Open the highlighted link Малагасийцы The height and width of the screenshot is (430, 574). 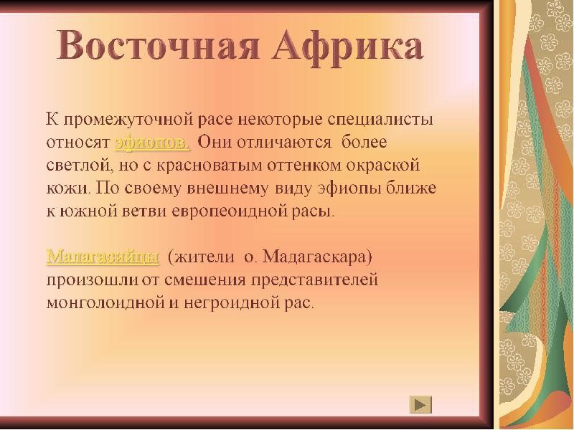(103, 256)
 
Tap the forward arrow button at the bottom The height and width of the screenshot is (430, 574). (421, 404)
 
